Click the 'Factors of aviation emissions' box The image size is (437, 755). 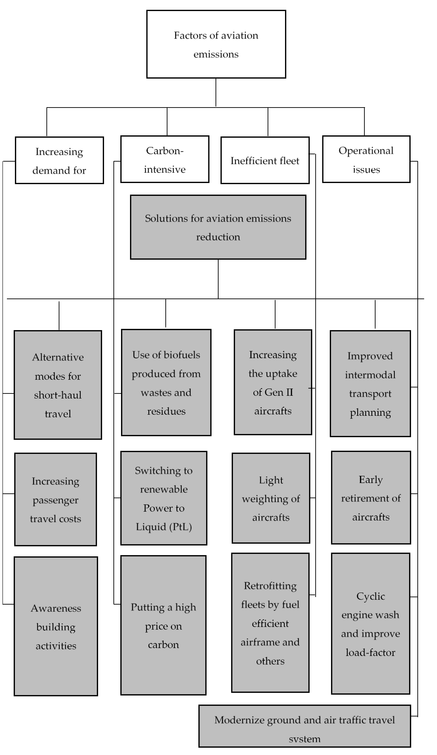tap(216, 44)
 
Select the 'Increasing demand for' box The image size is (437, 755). tap(59, 160)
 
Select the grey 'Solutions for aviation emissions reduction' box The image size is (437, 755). tap(218, 227)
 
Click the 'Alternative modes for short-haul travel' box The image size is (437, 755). tap(58, 385)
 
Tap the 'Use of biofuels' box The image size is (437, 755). tap(166, 383)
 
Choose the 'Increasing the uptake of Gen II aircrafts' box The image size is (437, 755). tap(273, 382)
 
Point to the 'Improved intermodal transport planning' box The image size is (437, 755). tap(370, 384)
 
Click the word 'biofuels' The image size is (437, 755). tap(182, 355)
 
